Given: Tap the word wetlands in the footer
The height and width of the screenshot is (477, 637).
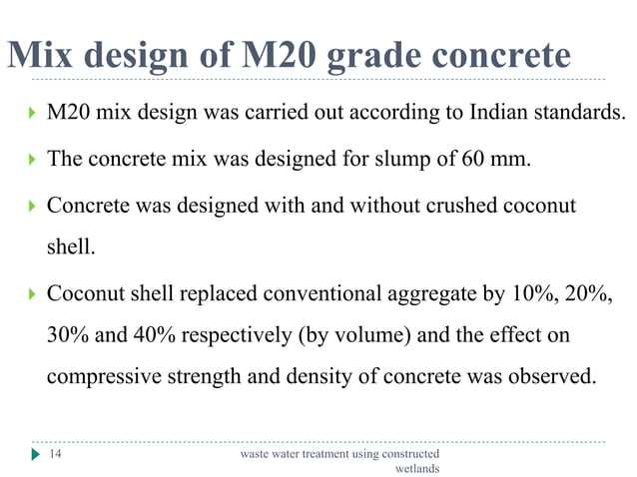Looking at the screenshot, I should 417,467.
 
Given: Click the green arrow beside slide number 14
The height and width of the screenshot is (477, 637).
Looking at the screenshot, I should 36,454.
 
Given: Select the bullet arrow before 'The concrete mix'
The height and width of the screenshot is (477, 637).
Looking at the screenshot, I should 33,160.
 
